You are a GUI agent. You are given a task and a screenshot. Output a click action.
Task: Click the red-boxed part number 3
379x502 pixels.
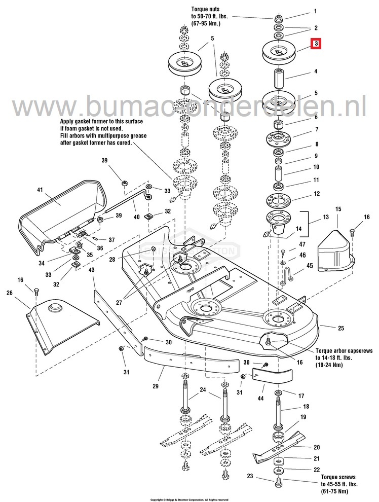pos(315,44)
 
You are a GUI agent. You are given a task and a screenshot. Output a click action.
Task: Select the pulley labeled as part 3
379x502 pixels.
pos(278,51)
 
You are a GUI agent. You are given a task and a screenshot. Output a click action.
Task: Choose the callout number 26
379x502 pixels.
pos(9,293)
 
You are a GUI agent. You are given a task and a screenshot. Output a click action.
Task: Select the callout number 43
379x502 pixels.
pos(92,270)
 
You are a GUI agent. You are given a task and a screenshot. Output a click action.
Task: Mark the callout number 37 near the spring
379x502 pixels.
pos(111,240)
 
